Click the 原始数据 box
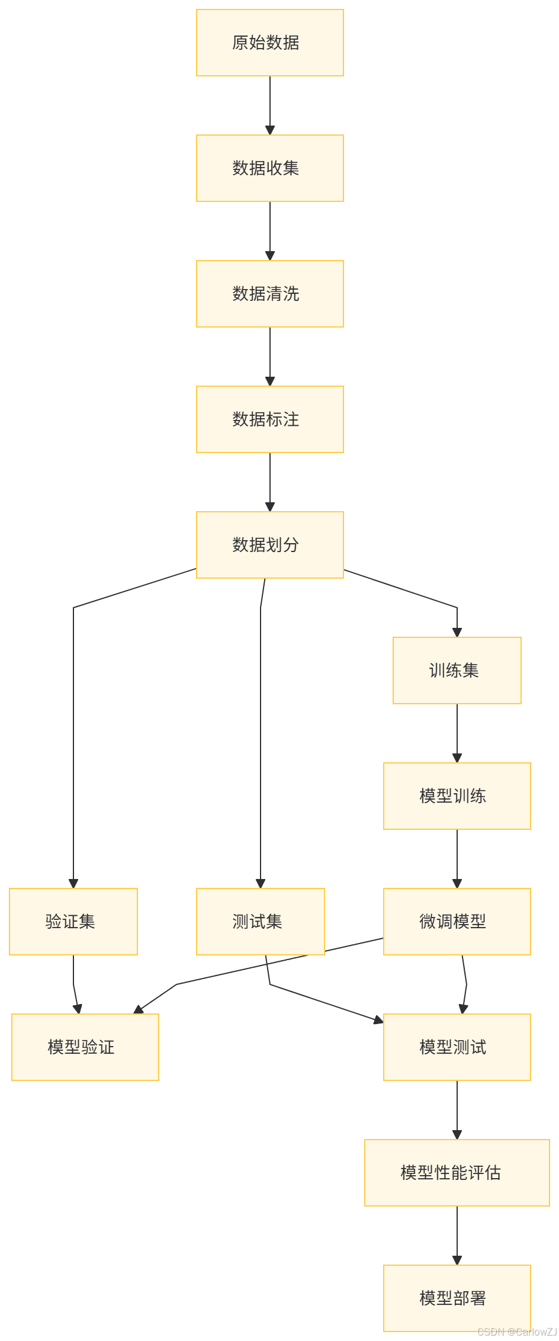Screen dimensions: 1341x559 coord(270,43)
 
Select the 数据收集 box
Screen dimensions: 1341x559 coord(270,168)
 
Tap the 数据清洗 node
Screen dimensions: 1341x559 coord(270,294)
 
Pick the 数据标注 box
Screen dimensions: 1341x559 coord(270,419)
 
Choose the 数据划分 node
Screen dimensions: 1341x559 coord(270,545)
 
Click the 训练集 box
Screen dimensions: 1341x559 coord(457,670)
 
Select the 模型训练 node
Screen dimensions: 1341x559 coord(457,796)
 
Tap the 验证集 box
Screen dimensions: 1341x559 coord(73,922)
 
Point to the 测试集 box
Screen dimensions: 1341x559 coord(261,922)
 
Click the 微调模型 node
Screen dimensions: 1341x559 coord(457,922)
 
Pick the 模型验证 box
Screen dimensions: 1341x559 coord(85,1047)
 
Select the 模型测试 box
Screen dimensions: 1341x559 coord(457,1047)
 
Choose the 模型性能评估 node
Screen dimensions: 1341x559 coord(457,1173)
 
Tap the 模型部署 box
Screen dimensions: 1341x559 coord(457,1298)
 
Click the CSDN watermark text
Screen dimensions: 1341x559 coord(516,1332)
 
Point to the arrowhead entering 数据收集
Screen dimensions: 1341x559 coord(270,130)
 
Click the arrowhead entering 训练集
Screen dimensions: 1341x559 coord(457,632)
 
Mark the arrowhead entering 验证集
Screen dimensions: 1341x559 coord(73,883)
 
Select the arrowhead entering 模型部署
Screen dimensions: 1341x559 coord(457,1260)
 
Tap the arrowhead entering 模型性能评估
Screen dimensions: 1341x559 coord(457,1134)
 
